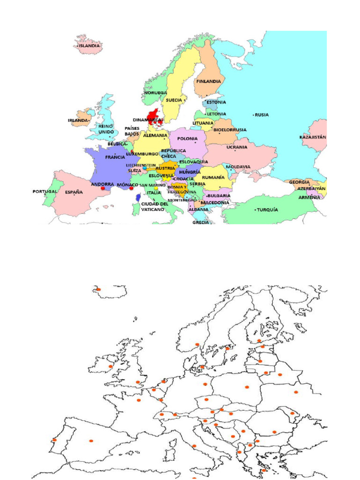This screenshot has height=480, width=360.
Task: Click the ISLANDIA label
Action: [89, 46]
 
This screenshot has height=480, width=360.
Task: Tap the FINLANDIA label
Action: [209, 81]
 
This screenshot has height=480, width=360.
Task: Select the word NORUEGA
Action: [156, 93]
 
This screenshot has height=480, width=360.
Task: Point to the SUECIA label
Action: [174, 100]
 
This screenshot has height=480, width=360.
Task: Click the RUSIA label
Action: [262, 114]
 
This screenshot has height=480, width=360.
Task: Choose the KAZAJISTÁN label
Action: [313, 137]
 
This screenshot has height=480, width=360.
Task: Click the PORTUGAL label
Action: [45, 191]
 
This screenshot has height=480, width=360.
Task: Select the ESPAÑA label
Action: [74, 192]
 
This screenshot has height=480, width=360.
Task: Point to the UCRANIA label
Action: [237, 147]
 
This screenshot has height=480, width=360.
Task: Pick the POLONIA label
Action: [187, 139]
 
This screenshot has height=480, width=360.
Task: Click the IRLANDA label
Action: [78, 120]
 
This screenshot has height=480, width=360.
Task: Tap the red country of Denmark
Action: [152, 114]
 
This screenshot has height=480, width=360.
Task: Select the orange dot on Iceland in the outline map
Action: [98, 289]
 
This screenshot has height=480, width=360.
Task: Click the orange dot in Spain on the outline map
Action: [91, 440]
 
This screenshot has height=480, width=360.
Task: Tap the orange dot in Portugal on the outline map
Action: [55, 440]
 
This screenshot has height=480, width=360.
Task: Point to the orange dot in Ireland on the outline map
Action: [111, 366]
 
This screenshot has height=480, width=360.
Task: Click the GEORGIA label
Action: [299, 182]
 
